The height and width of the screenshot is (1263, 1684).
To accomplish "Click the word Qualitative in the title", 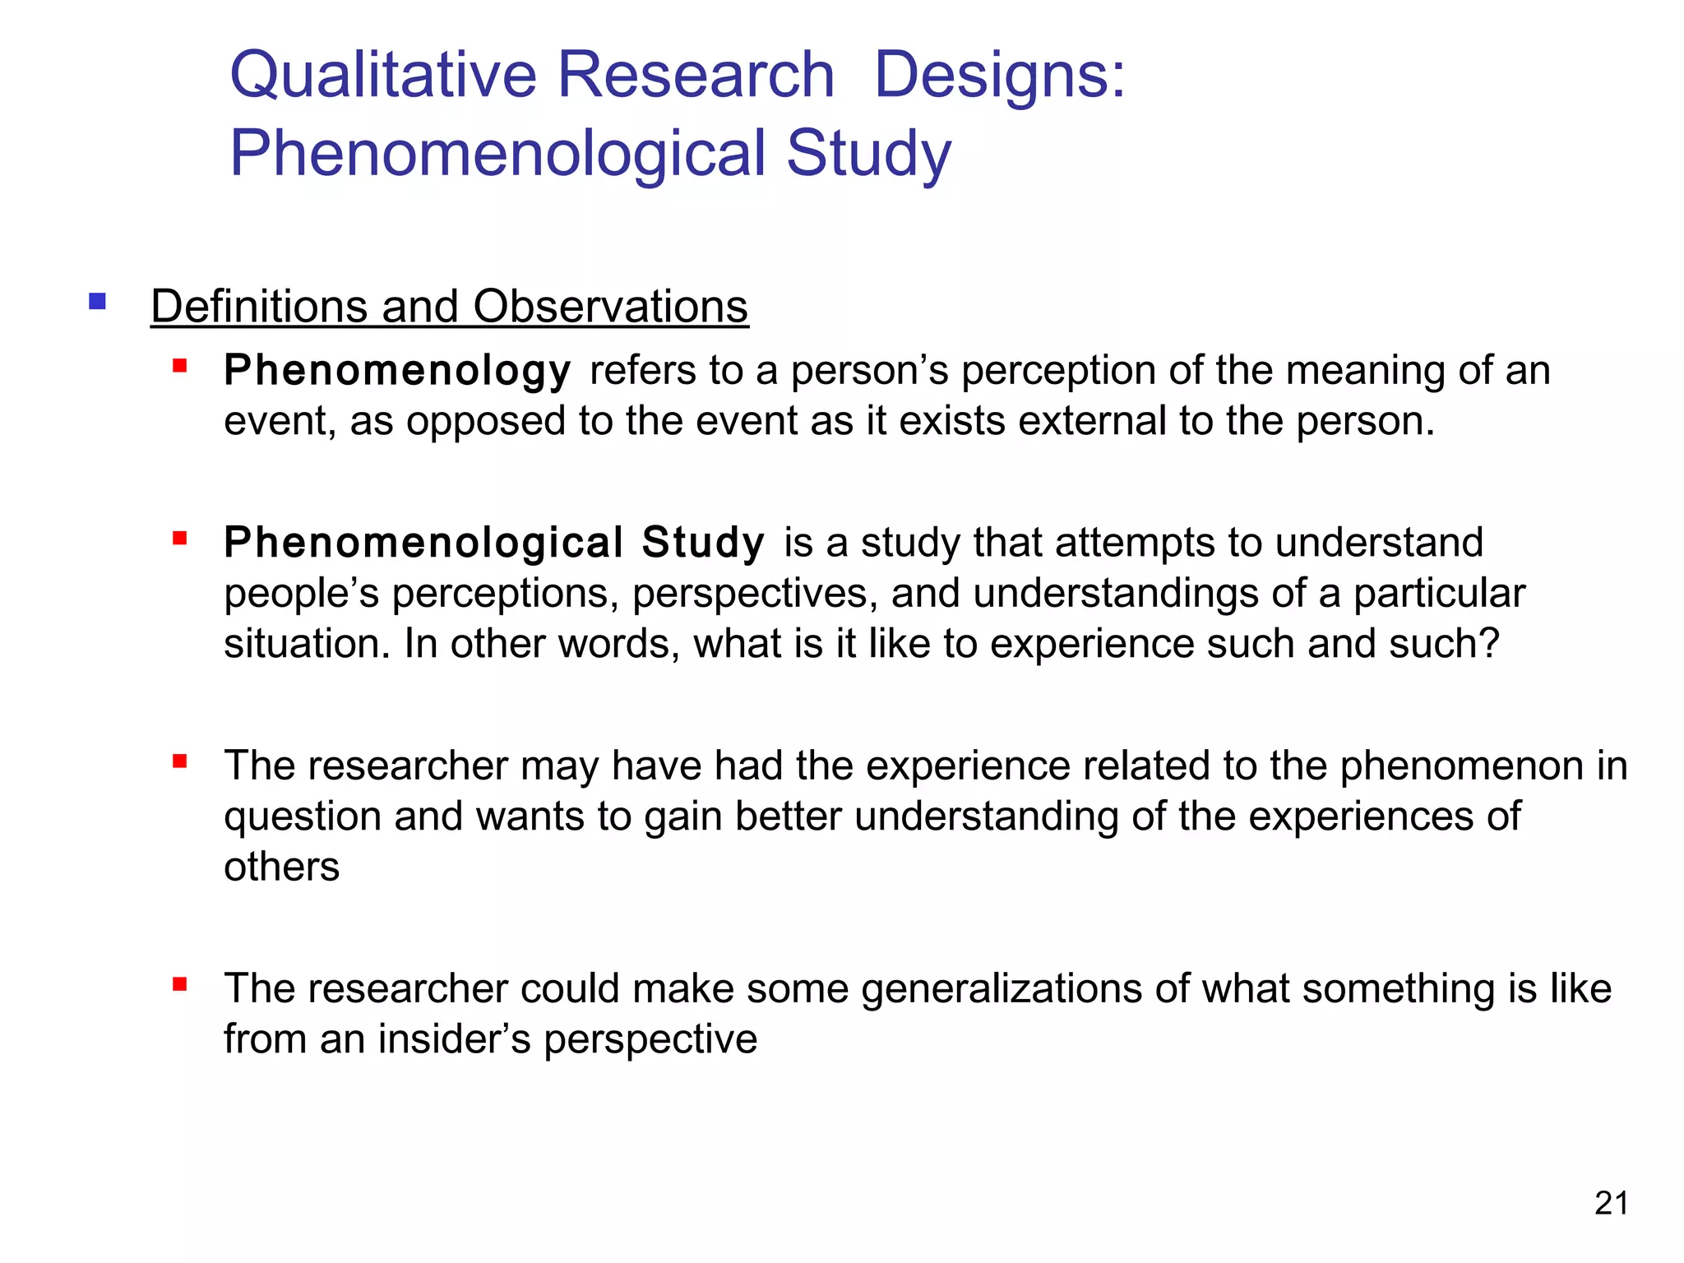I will [x=383, y=76].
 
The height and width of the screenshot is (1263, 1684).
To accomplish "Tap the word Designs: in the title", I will [x=999, y=76].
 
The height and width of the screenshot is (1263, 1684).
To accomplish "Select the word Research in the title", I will [x=696, y=76].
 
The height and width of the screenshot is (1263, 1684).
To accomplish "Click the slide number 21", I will [x=1611, y=1203].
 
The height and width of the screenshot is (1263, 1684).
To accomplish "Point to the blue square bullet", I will [x=98, y=302].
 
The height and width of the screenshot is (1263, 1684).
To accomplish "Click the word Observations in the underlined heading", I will [x=610, y=307].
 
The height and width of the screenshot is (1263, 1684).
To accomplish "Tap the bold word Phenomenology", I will [x=397, y=371].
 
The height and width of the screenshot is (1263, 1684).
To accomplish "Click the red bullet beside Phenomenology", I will [x=180, y=366].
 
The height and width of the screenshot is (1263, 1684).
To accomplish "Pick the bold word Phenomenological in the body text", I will [x=423, y=543].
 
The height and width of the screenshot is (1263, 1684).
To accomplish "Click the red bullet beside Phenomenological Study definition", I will [x=180, y=539].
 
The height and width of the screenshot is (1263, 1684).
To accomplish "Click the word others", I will [x=281, y=867].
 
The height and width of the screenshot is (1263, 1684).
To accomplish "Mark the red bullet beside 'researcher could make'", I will [x=180, y=984].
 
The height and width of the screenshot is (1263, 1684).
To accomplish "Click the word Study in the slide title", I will [x=868, y=154].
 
